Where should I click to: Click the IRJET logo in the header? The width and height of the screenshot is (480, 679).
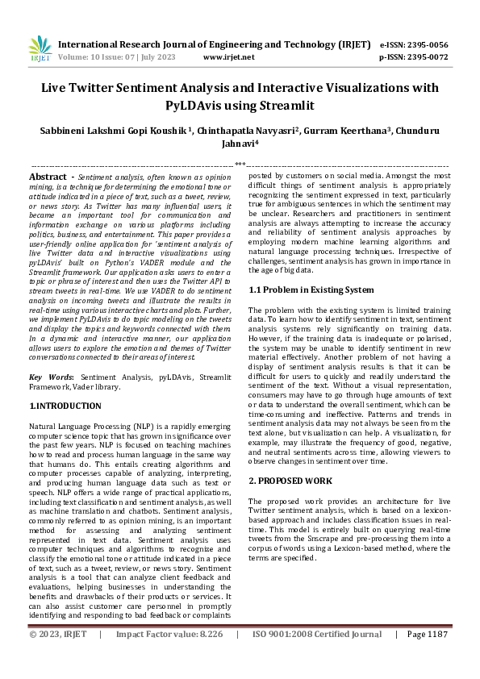coord(40,50)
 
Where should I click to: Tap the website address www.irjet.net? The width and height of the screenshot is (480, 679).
coord(229,57)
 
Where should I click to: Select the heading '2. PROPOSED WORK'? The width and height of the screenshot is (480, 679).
coord(290,480)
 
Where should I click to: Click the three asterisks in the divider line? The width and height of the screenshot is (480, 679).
coord(240,164)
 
